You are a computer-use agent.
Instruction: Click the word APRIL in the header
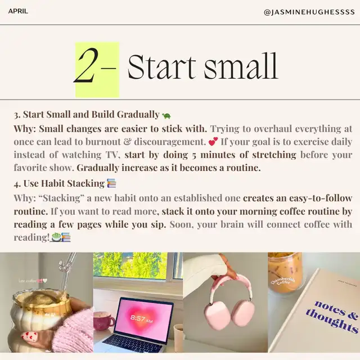point(18,11)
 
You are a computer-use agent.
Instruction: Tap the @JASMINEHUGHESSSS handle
point(309,12)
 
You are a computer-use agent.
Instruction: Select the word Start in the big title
point(161,66)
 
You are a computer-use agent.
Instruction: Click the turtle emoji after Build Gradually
point(166,115)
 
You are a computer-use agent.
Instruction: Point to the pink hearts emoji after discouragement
point(213,141)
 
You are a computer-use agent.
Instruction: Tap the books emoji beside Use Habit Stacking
point(111,183)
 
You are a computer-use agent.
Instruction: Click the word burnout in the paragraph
point(103,142)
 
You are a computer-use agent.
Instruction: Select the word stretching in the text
point(274,155)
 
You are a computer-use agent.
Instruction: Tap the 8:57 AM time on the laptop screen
point(141,319)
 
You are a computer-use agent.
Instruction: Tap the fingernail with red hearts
point(29,337)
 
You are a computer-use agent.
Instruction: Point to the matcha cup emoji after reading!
point(56,237)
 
